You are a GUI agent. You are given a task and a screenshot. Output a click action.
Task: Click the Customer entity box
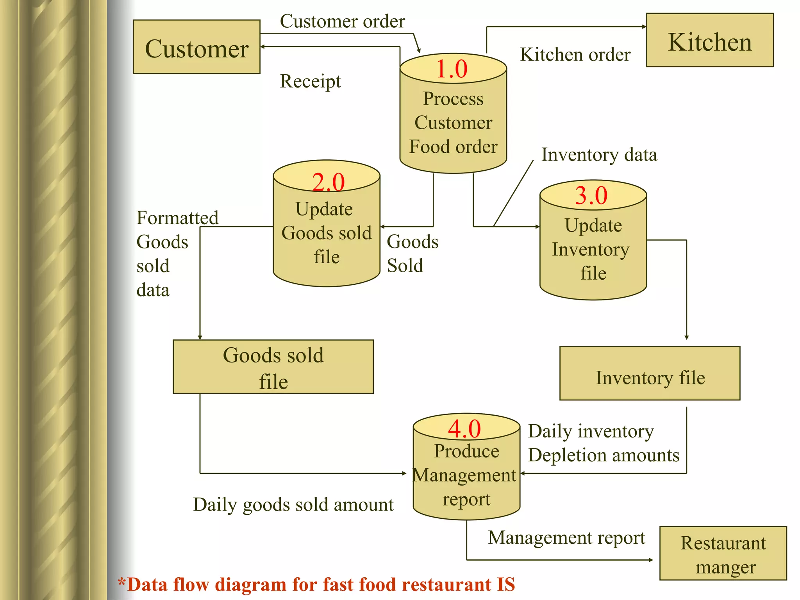pos(196,47)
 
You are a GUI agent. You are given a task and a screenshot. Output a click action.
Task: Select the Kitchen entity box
pos(709,41)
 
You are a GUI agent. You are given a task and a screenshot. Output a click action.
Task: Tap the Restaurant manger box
pos(723,554)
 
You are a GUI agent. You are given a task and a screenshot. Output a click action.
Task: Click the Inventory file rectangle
pos(650,373)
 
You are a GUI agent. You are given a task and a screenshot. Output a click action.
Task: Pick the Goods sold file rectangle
pos(273,367)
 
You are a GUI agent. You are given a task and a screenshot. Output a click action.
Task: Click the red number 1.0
pos(452,69)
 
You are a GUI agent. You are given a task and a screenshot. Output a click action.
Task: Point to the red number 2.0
pos(328,182)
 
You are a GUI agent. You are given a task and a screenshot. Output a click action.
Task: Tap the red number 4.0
pos(464,429)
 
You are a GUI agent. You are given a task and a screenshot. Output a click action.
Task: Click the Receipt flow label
pos(310,82)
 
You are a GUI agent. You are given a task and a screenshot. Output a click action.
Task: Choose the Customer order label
pos(342,21)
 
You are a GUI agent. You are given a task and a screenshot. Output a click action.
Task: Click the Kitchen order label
pos(575,55)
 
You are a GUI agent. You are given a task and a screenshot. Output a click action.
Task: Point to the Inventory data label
pos(599,155)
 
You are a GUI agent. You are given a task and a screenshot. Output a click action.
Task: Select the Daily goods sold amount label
pos(293,505)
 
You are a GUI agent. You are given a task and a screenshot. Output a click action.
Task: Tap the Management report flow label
pos(566,538)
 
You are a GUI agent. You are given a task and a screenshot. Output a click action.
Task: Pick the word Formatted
pos(177,218)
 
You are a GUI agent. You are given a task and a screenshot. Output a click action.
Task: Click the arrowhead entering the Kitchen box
pos(644,27)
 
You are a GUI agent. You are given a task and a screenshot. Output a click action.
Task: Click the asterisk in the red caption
pos(122,582)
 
